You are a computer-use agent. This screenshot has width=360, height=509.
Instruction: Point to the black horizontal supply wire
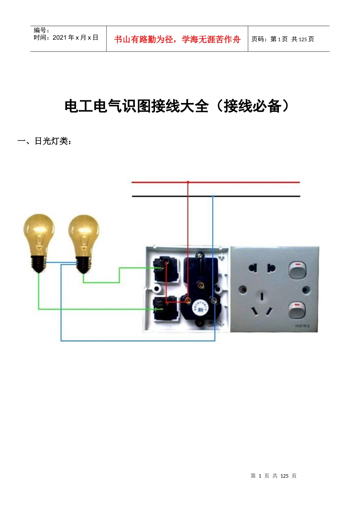258,196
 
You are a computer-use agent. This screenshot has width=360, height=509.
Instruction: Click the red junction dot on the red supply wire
188,182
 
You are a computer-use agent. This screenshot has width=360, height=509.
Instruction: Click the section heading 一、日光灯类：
45,141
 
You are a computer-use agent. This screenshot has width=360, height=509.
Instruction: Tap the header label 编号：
41,30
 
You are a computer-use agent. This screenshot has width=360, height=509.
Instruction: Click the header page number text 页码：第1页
269,39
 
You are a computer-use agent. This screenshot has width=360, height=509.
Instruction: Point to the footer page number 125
284,476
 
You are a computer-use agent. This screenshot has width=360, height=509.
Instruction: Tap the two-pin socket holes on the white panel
262,269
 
